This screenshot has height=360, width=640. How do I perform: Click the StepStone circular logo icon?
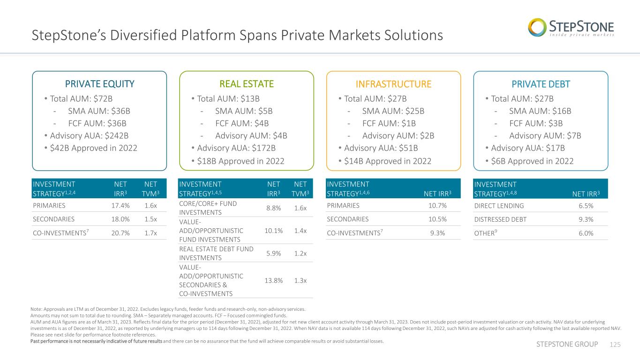(x=537, y=28)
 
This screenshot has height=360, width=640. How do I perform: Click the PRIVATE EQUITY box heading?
(x=99, y=84)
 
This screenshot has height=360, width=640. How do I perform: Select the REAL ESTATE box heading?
(x=247, y=84)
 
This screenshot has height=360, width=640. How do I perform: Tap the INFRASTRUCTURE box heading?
(x=393, y=84)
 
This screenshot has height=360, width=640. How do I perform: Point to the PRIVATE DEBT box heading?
(x=541, y=84)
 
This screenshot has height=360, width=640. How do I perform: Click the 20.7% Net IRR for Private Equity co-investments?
(x=120, y=233)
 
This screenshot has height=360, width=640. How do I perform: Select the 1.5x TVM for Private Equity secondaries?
(x=151, y=219)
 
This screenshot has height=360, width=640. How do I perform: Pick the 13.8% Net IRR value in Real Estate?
(x=273, y=281)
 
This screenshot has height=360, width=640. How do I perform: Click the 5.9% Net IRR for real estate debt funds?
(x=273, y=254)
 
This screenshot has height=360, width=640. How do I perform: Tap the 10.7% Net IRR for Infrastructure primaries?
(x=437, y=205)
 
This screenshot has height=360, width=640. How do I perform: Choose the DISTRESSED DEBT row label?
(x=500, y=219)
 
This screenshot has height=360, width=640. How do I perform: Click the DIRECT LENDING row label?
(x=499, y=206)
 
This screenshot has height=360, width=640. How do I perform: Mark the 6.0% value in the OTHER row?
(x=586, y=233)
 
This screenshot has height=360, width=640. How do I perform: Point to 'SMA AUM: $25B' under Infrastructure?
(x=393, y=111)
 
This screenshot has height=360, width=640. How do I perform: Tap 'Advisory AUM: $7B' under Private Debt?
(x=545, y=136)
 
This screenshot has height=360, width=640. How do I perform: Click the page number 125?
(x=615, y=345)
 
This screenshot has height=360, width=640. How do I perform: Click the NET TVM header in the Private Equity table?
(x=151, y=189)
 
